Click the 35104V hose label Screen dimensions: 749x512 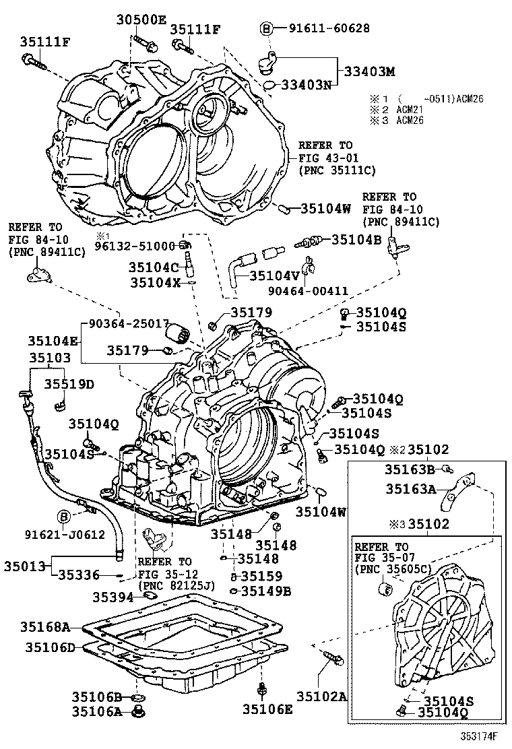[x=274, y=275]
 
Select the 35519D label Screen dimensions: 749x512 [x=69, y=384]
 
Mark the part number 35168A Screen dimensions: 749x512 [x=48, y=627]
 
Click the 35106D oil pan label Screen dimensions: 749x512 [x=51, y=647]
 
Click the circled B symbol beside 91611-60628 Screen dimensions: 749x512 [x=266, y=28]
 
